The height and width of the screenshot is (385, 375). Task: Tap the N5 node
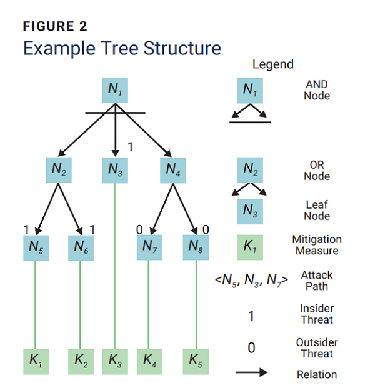pos(35,247)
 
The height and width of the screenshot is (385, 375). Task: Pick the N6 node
pos(80,247)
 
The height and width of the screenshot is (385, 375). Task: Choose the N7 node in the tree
pos(149,247)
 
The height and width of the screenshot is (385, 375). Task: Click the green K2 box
pos(80,361)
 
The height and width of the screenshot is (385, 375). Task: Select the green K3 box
pos(115,361)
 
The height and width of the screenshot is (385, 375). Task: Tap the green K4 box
pos(149,361)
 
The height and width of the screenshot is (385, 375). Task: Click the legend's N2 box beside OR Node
pos(250,170)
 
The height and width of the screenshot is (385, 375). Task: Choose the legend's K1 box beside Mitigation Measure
pos(250,247)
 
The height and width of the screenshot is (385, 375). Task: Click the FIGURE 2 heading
pos(55,26)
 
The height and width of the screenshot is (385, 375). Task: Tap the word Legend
pos(272,64)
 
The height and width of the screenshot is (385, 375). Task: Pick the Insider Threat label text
pos(317,314)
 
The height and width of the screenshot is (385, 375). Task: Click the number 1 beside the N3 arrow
pos(130,147)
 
